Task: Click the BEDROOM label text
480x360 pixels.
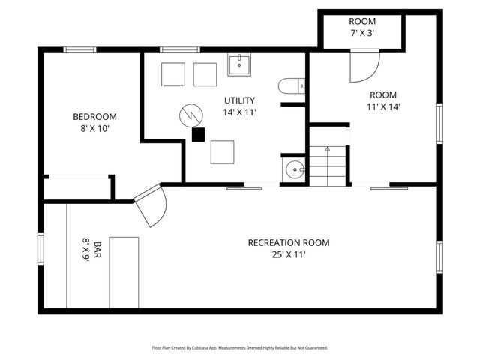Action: point(95,117)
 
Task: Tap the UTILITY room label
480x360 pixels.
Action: point(239,100)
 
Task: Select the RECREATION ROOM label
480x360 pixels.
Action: point(289,243)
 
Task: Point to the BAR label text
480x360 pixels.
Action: point(97,250)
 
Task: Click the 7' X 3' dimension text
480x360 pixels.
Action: point(362,33)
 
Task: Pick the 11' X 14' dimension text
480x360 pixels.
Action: point(383,106)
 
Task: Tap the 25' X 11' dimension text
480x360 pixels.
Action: point(289,254)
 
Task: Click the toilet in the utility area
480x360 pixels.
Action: point(292,85)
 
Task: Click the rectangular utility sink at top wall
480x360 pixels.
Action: point(239,64)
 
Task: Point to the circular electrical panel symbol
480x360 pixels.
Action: point(191,115)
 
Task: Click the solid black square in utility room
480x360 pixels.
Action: point(198,135)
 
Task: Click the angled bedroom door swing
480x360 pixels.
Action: point(151,205)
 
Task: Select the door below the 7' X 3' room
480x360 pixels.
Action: point(365,66)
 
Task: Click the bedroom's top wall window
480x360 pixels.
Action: point(80,50)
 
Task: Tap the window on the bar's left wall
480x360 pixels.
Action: point(40,248)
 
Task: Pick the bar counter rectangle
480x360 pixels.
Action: point(124,272)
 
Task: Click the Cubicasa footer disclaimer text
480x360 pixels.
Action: point(240,348)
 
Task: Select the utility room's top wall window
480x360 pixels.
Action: point(180,50)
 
